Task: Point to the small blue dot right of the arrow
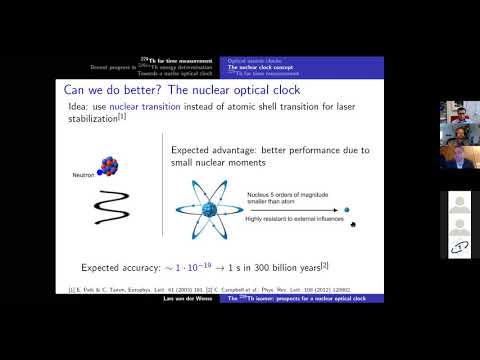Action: (347, 209)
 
